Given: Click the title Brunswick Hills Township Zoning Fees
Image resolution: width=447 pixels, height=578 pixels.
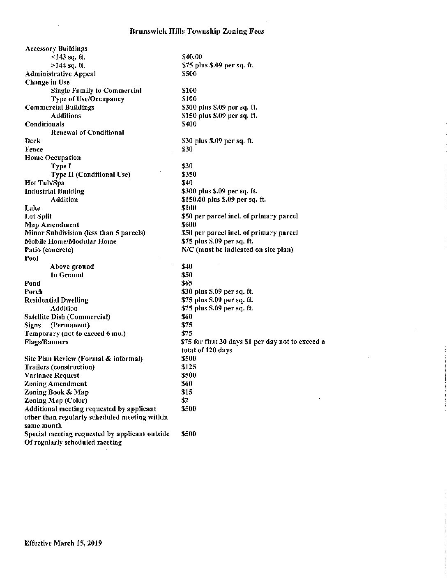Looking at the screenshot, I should pyautogui.click(x=197, y=31).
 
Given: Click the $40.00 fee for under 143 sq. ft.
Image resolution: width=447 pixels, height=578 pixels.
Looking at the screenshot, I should pyautogui.click(x=192, y=57).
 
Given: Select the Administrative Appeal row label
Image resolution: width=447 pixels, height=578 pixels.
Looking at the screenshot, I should pyautogui.click(x=60, y=74).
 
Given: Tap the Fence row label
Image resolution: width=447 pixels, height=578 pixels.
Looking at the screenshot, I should pyautogui.click(x=34, y=149).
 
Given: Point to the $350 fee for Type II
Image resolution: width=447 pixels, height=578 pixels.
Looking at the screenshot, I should pyautogui.click(x=189, y=174).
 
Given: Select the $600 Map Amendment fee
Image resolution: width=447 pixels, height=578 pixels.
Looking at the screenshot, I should pyautogui.click(x=189, y=225).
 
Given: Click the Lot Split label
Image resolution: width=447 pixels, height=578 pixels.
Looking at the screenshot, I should pyautogui.click(x=38, y=216).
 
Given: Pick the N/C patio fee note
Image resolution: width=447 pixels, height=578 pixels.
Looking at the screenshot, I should pyautogui.click(x=237, y=250).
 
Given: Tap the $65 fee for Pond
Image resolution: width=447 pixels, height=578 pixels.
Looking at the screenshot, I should pyautogui.click(x=187, y=283).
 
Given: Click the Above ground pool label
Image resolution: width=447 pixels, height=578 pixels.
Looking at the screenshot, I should pyautogui.click(x=72, y=267).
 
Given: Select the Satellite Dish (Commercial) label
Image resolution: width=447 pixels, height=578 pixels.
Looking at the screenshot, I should pyautogui.click(x=67, y=317).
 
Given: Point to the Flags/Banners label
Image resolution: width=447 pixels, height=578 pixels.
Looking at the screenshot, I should pyautogui.click(x=46, y=342).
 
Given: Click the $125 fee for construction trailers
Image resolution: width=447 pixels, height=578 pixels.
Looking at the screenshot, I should pyautogui.click(x=189, y=367).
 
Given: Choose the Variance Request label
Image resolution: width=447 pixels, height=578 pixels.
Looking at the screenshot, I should pyautogui.click(x=52, y=375).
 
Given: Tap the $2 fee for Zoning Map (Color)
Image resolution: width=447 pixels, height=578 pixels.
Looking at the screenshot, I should pyautogui.click(x=185, y=400).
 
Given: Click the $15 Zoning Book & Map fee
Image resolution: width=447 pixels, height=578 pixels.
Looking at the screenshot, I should pyautogui.click(x=187, y=392).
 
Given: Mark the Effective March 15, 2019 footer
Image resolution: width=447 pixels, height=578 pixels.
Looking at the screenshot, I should pyautogui.click(x=63, y=543).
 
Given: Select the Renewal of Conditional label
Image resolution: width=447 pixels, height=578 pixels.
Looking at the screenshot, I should pyautogui.click(x=87, y=133).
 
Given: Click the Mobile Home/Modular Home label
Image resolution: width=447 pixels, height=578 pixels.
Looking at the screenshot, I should pyautogui.click(x=70, y=241).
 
